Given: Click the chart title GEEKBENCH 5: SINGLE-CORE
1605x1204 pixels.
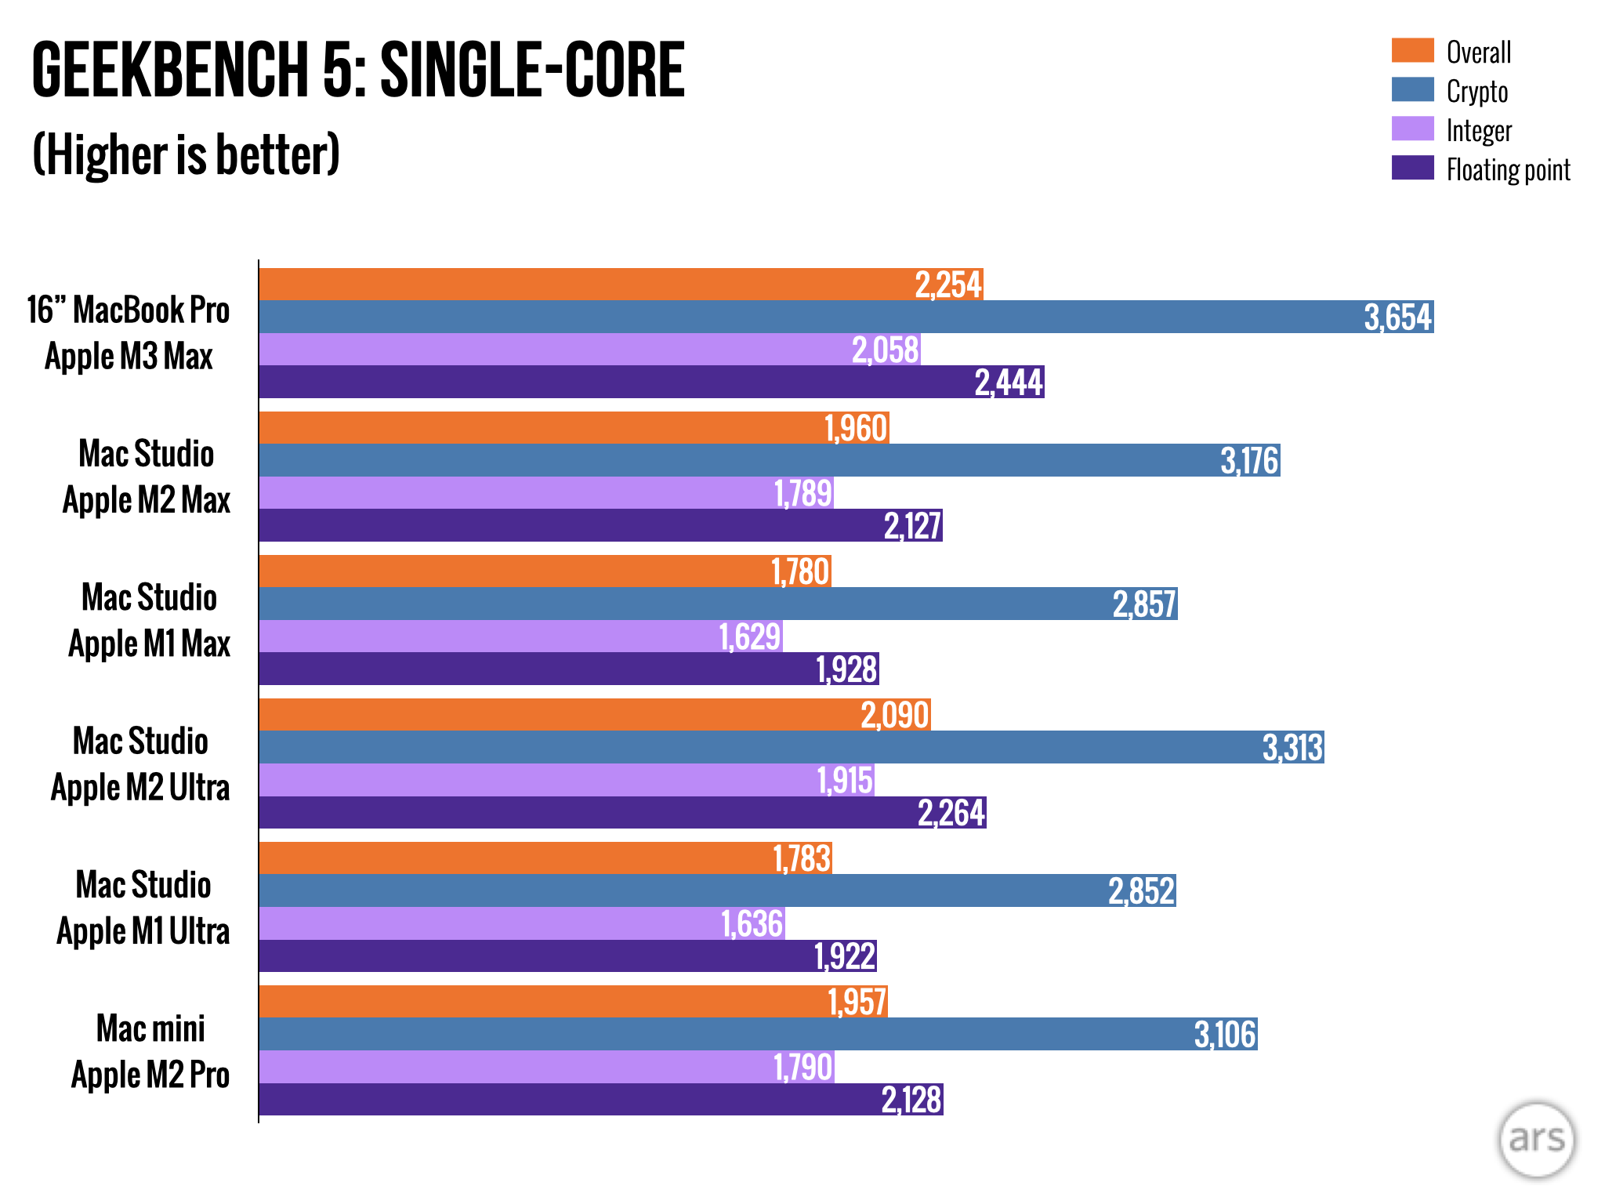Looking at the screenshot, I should click(358, 71).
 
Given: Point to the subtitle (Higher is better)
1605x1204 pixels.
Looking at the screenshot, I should click(186, 154).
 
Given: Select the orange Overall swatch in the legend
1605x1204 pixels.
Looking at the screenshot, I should click(1412, 50).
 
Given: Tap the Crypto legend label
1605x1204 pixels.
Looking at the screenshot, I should click(1476, 91).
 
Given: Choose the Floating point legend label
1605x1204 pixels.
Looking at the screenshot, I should click(1508, 169).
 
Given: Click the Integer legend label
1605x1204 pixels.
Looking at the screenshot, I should click(1479, 130).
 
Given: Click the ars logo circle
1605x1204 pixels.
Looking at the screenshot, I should click(1536, 1139).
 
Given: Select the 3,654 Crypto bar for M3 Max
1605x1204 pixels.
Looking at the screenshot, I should click(846, 317).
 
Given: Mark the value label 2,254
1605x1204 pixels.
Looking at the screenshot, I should click(948, 285).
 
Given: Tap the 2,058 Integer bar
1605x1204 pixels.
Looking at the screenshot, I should click(589, 350).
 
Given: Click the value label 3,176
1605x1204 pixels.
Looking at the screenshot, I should click(1249, 461).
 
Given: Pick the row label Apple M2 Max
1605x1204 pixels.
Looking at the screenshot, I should click(147, 499).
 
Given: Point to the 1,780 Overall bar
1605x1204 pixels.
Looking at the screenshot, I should click(545, 571).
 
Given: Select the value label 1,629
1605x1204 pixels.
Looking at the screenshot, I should click(750, 636).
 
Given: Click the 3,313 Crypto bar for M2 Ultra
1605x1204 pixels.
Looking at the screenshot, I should click(792, 747).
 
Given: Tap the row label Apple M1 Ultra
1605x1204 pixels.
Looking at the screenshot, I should click(143, 930).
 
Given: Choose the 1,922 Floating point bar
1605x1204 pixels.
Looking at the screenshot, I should click(567, 956).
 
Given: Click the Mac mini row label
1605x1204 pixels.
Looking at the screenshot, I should click(150, 1028).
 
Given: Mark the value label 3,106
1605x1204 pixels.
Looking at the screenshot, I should click(1225, 1035).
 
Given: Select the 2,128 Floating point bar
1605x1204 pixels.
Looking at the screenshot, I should click(600, 1100).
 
